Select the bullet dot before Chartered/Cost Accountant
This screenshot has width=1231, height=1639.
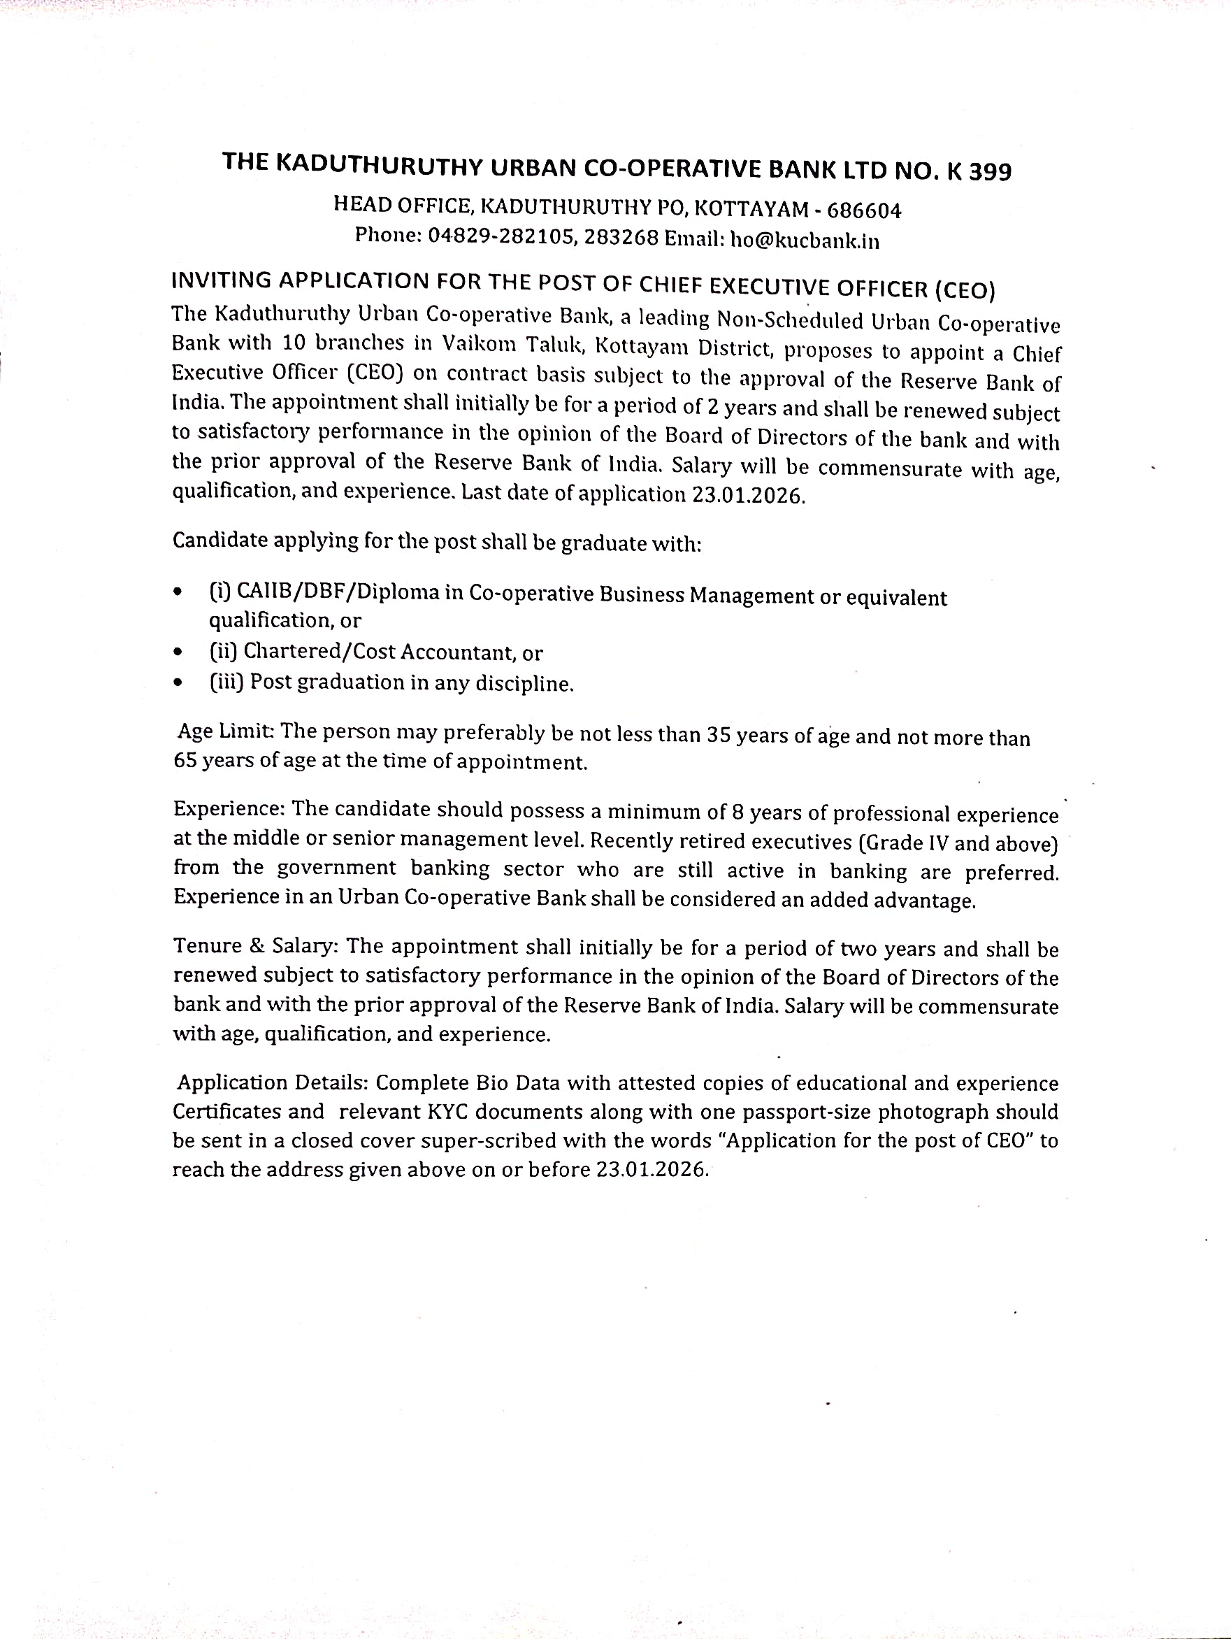click(177, 653)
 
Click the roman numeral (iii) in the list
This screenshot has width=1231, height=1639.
click(226, 682)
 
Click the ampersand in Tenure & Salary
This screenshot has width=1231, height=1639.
click(257, 946)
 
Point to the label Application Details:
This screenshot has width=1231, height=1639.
click(273, 1082)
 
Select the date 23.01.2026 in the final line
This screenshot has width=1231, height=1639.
click(651, 1169)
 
